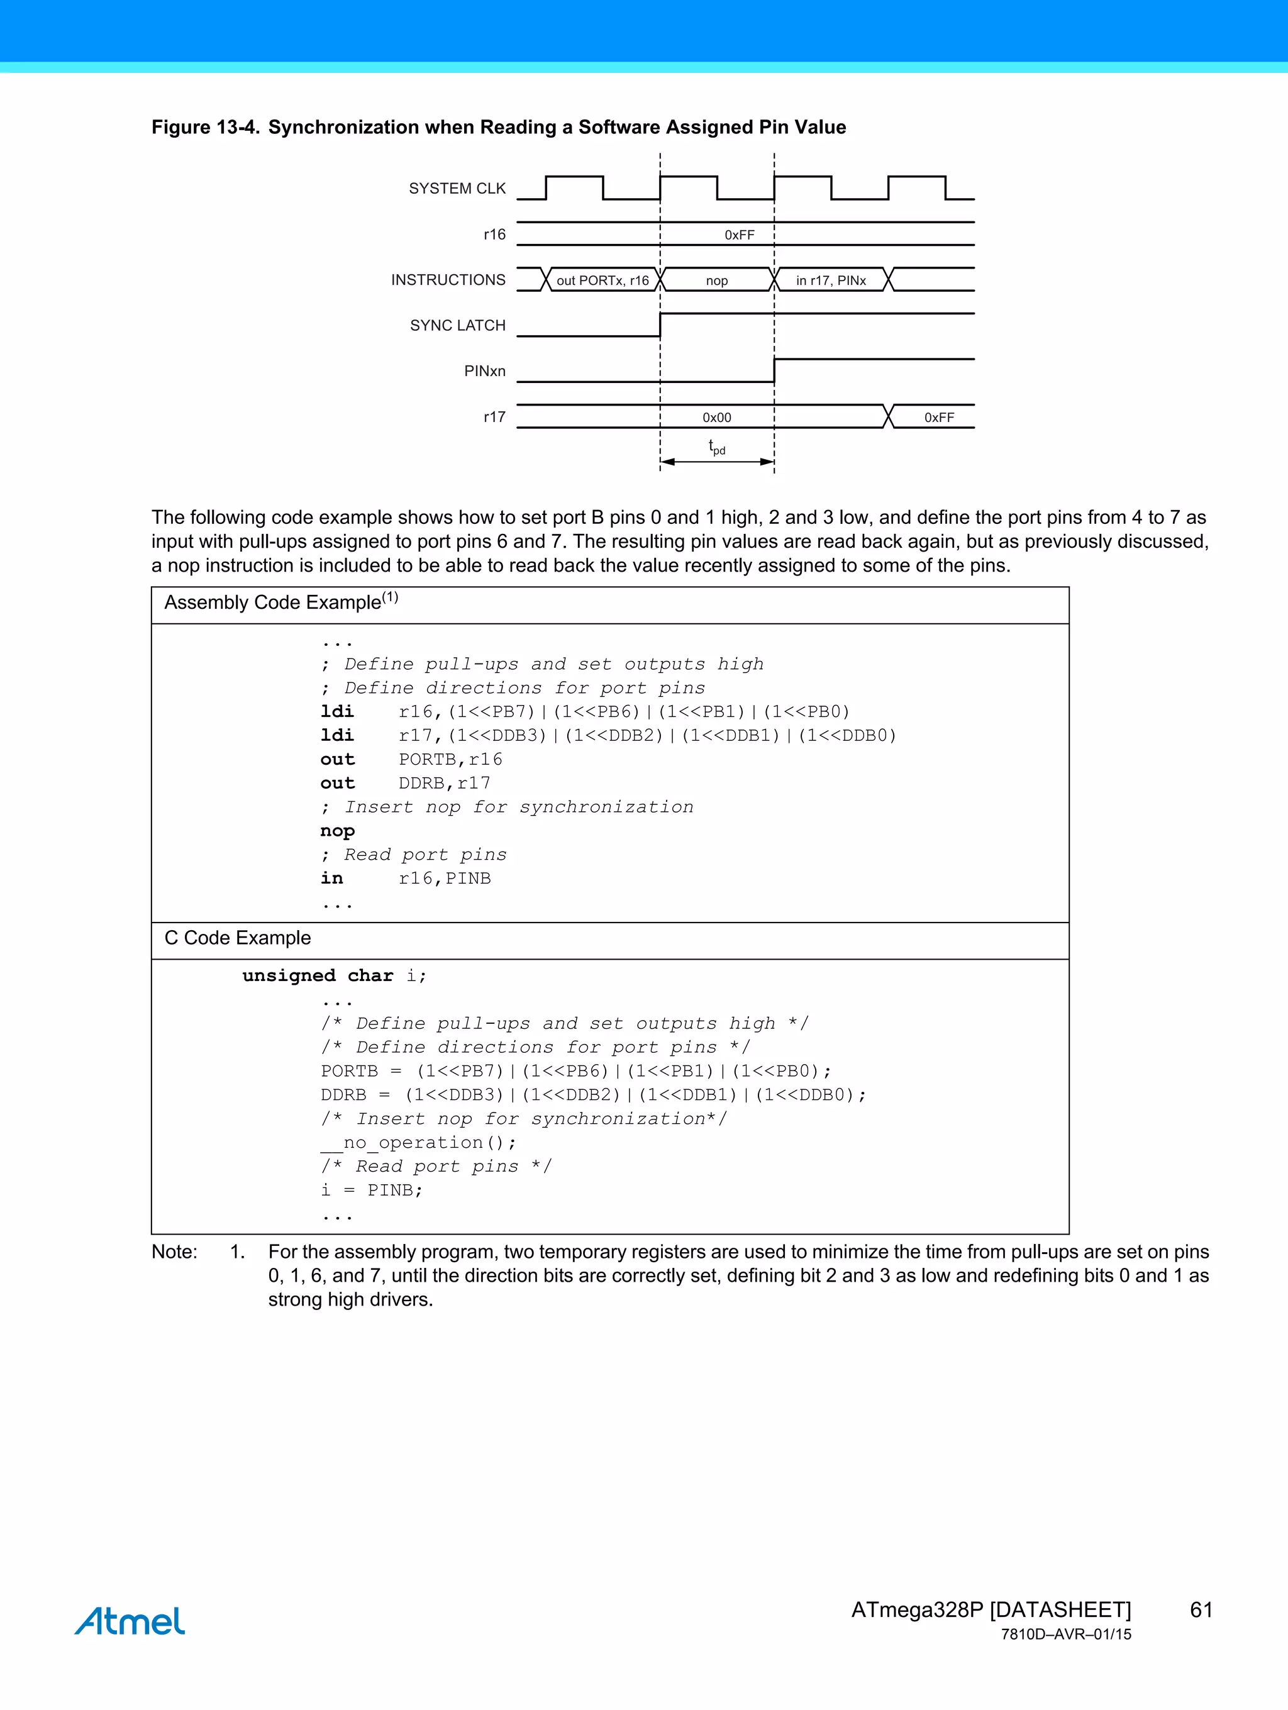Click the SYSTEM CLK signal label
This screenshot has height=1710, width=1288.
(x=457, y=189)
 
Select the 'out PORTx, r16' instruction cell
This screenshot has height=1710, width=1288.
(x=602, y=280)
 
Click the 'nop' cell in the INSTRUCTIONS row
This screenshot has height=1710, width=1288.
(x=717, y=280)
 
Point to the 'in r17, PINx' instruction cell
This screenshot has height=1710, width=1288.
(x=830, y=280)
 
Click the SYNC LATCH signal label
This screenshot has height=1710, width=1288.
(x=458, y=325)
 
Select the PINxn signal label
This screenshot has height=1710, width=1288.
(x=485, y=371)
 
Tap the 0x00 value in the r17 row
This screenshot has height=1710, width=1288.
(x=717, y=418)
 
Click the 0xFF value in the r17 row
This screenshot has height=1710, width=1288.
(x=938, y=418)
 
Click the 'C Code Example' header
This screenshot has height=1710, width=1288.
(x=237, y=938)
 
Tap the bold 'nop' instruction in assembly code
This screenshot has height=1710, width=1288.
(x=337, y=831)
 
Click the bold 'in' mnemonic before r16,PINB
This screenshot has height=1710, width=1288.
(x=331, y=878)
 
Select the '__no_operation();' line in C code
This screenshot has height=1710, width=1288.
(x=418, y=1143)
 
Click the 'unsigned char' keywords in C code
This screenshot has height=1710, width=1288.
(x=318, y=975)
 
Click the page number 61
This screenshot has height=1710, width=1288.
(x=1201, y=1609)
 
